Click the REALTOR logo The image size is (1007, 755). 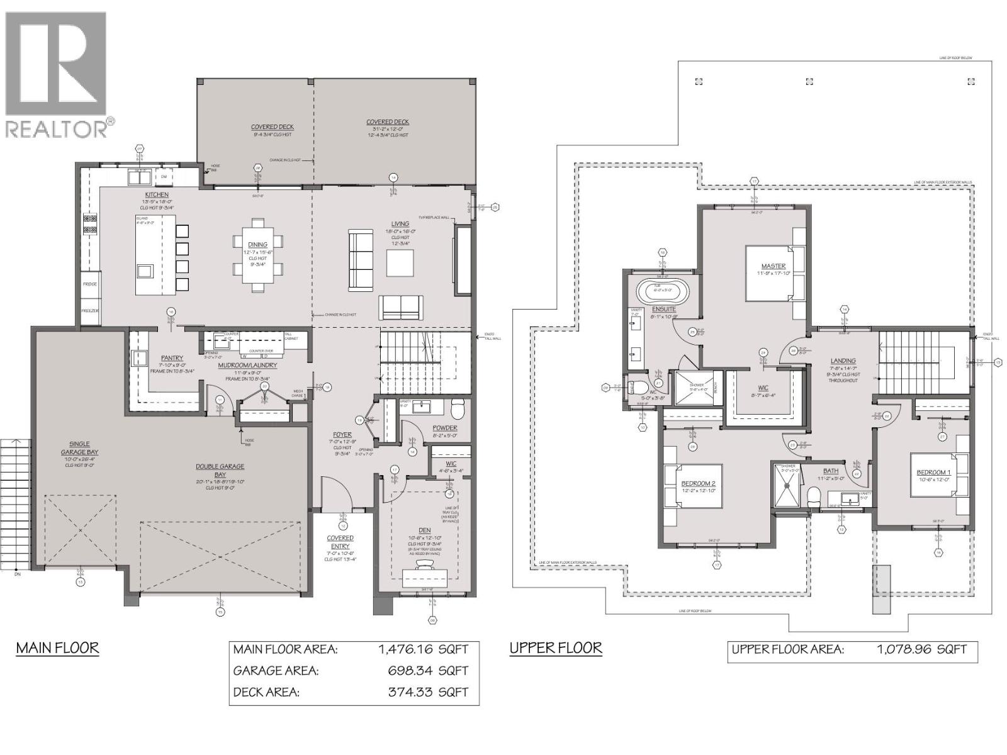[x=58, y=74]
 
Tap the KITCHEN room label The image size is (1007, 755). [x=157, y=195]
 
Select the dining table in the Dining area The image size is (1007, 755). [x=257, y=255]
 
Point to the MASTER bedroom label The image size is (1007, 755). [x=773, y=266]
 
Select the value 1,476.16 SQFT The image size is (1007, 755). [x=424, y=650]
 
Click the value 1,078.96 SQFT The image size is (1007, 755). [x=921, y=649]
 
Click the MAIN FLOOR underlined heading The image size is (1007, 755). [x=57, y=647]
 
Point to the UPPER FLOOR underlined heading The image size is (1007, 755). [x=556, y=647]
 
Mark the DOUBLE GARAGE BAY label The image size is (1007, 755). [x=220, y=471]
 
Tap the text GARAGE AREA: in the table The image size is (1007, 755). [x=276, y=671]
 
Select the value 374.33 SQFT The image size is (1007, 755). [x=428, y=692]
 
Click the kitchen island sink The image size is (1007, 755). [x=145, y=271]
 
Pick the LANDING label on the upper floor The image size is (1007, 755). [x=843, y=361]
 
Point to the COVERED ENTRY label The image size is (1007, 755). [x=340, y=542]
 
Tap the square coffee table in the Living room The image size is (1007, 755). [x=400, y=263]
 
